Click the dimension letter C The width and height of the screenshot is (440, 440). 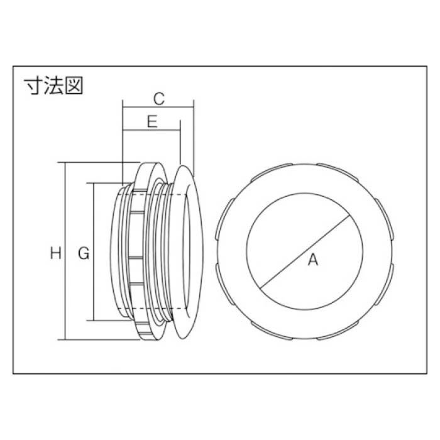[x=159, y=98]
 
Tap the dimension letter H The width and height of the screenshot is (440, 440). [x=56, y=253]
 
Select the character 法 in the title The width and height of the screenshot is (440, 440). [x=53, y=85]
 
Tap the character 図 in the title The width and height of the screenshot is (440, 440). [x=73, y=85]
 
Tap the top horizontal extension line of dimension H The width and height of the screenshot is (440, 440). [x=94, y=163]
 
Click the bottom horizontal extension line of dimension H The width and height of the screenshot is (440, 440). [x=94, y=340]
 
